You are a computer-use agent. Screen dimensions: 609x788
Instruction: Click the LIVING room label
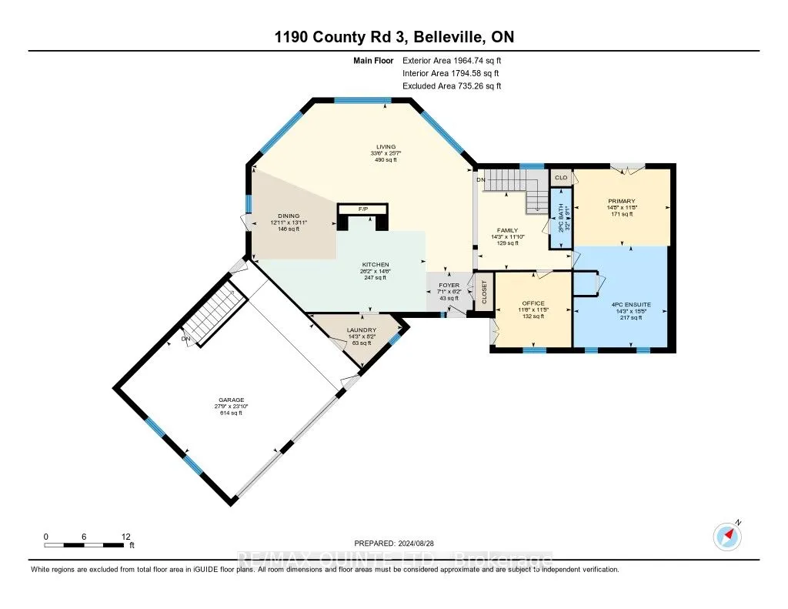tap(386, 146)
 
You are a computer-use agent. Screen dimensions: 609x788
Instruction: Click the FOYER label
tap(449, 286)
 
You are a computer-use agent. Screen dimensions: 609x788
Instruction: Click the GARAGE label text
tap(231, 400)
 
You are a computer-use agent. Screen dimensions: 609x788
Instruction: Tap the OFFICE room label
tap(533, 303)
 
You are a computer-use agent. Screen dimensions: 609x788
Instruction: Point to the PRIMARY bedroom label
tap(620, 202)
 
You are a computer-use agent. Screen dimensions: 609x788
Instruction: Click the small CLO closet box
tap(561, 178)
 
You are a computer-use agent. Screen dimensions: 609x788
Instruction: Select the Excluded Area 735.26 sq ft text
tap(451, 86)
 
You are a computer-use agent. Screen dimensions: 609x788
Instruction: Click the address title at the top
tap(393, 38)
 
